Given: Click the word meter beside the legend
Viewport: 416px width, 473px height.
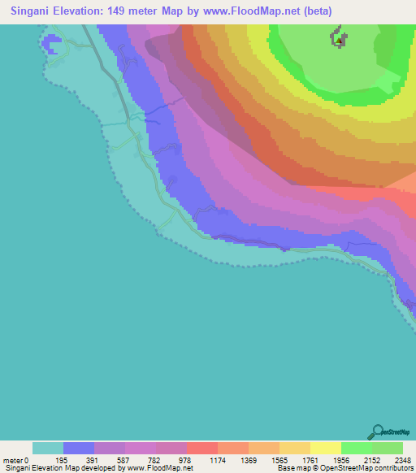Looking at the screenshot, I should tap(12, 460).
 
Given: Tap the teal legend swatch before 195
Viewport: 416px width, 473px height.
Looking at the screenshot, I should tap(48, 448).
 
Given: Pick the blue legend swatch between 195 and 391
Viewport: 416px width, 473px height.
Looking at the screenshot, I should tap(79, 448).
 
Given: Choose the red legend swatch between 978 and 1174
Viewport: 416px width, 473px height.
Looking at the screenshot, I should tap(202, 448).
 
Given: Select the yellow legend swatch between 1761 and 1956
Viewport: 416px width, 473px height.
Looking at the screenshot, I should tap(326, 448).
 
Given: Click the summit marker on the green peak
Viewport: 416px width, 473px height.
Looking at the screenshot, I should tap(337, 39).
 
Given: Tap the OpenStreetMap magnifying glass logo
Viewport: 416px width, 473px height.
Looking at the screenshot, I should tap(377, 432).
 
